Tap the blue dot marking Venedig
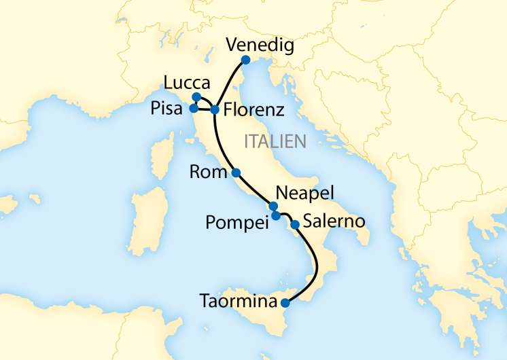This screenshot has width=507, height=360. [x=245, y=60]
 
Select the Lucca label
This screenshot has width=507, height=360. [x=182, y=82]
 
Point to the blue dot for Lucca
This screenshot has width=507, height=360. [x=196, y=96]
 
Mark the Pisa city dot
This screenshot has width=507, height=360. [x=194, y=108]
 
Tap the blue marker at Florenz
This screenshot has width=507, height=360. [x=215, y=109]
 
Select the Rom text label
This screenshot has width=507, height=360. [x=209, y=173]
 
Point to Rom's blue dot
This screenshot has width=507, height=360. [x=236, y=173]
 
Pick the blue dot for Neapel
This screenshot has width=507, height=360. [x=273, y=206]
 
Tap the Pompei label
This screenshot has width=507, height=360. [x=237, y=221]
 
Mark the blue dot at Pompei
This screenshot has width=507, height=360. [x=276, y=216]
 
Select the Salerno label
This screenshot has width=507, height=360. [x=334, y=221]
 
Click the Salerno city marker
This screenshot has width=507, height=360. [x=295, y=224]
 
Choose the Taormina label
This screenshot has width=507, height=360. [x=238, y=300]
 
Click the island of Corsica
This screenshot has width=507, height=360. [x=161, y=161]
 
